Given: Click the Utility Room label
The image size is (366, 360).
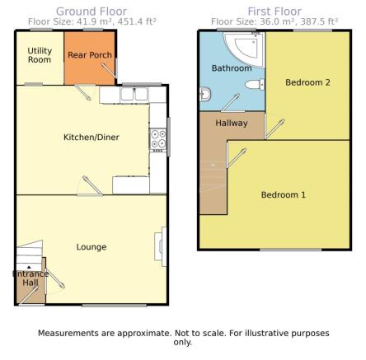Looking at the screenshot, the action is coord(40,55).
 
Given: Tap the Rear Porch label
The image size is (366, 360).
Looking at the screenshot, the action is coord(90,55).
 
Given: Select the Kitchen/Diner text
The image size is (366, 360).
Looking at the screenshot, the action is coord(91,137).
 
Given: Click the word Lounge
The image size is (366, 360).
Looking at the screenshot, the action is coord(91,247).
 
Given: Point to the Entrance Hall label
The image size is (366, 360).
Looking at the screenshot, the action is coord(30,278).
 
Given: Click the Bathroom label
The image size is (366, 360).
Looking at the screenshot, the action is coord(232,68).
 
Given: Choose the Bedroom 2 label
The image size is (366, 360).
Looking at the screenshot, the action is coord(307,82).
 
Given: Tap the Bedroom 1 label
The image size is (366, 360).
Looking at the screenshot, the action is coord(284,194).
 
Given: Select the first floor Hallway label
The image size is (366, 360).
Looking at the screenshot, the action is coord(232,123).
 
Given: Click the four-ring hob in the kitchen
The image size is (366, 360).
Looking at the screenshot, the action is coord(158,140).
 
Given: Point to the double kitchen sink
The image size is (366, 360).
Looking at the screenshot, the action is coord(134,95).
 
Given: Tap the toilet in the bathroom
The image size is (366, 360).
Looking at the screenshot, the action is coord(255,84).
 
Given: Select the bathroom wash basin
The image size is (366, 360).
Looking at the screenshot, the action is coord(205,94).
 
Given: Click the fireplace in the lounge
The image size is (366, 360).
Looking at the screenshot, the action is coord(161,246).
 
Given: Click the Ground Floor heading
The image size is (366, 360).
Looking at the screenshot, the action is coord(91,12).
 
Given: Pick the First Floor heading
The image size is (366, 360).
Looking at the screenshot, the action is coord(274,12).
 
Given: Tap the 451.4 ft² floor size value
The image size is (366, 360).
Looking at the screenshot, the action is coord(137,21).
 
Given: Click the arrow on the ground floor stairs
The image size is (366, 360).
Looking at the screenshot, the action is coord(29,267).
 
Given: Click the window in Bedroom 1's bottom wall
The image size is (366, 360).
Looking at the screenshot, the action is coord(291,250).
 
